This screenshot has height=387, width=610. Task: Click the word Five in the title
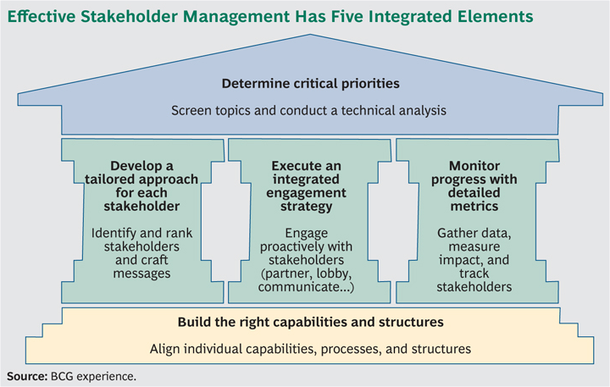click(347, 16)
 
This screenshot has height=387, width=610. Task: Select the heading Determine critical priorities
click(310, 84)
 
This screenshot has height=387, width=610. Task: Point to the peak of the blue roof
click(310, 34)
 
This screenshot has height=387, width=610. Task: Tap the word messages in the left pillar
click(141, 274)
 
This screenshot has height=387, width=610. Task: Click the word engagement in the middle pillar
click(306, 193)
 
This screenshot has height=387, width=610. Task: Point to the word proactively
click(290, 247)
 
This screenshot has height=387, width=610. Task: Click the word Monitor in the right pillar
click(474, 166)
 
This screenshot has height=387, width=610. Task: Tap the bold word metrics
click(474, 206)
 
